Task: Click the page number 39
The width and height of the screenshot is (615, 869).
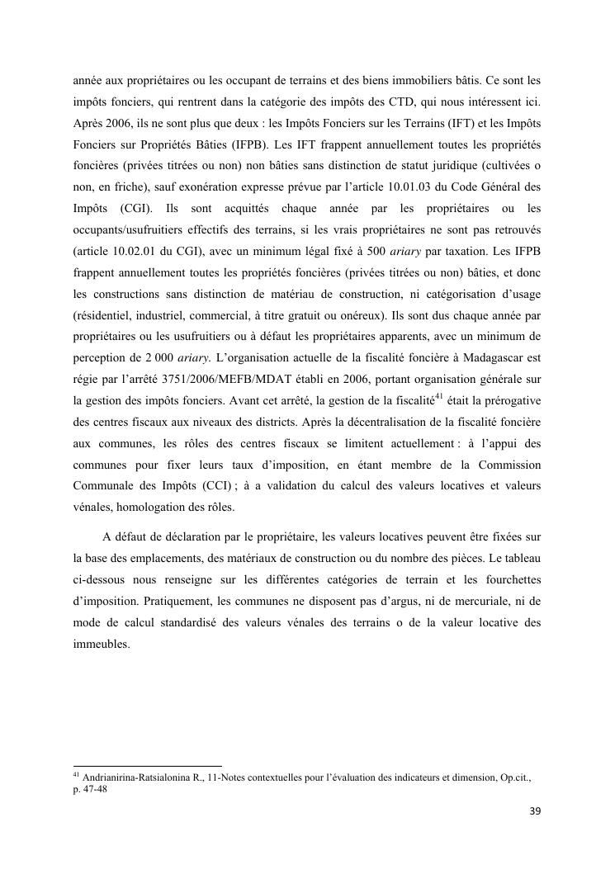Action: tap(535, 811)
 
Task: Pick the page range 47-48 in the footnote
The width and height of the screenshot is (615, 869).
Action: tap(97, 789)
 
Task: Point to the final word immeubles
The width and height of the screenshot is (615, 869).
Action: tap(102, 645)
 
